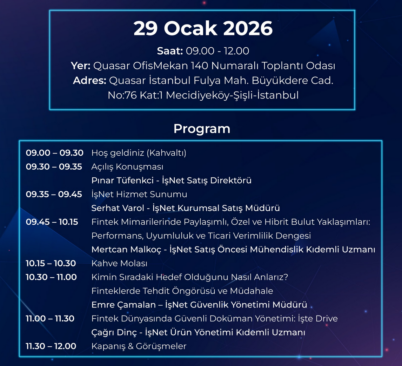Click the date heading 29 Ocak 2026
203,28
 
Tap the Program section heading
202,129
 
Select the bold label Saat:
170,51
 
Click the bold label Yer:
80,66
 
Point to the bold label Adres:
89,81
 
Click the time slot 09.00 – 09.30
55,153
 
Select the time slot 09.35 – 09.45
54,194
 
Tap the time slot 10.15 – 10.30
51,263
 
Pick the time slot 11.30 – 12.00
51,346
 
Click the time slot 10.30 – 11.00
51,277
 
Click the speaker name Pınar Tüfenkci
122,181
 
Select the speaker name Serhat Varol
118,208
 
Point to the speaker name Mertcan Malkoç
126,250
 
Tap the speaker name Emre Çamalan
123,305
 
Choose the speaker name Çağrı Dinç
114,332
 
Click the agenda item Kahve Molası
120,263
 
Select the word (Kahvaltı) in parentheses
166,153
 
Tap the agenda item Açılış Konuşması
127,167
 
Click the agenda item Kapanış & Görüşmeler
139,346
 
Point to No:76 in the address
122,95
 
